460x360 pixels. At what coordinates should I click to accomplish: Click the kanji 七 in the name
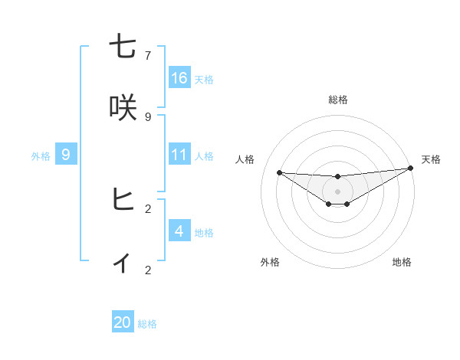[123, 47]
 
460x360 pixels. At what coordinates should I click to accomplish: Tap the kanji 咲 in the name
[123, 107]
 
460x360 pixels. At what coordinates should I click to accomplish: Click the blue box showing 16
[179, 78]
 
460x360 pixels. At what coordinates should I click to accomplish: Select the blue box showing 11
[179, 155]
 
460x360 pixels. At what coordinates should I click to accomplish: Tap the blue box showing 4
[179, 231]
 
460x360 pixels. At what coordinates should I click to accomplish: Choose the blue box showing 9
[66, 155]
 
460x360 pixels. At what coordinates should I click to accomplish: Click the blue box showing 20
[123, 322]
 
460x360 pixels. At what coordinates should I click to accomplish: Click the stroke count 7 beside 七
[148, 56]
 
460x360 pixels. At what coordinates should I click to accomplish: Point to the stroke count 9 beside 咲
[148, 116]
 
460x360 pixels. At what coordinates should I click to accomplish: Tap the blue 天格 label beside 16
[204, 79]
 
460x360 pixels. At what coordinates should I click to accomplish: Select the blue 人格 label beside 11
[204, 155]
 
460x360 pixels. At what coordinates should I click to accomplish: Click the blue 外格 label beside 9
[41, 155]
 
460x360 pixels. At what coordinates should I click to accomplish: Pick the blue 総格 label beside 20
[147, 324]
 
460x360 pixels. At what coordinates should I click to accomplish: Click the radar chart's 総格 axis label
[338, 100]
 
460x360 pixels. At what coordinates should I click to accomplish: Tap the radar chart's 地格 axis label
[402, 262]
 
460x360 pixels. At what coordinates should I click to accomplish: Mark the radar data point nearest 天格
[410, 169]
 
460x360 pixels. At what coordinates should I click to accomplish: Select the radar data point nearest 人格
[279, 172]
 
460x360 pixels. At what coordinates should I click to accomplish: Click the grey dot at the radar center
[338, 191]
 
